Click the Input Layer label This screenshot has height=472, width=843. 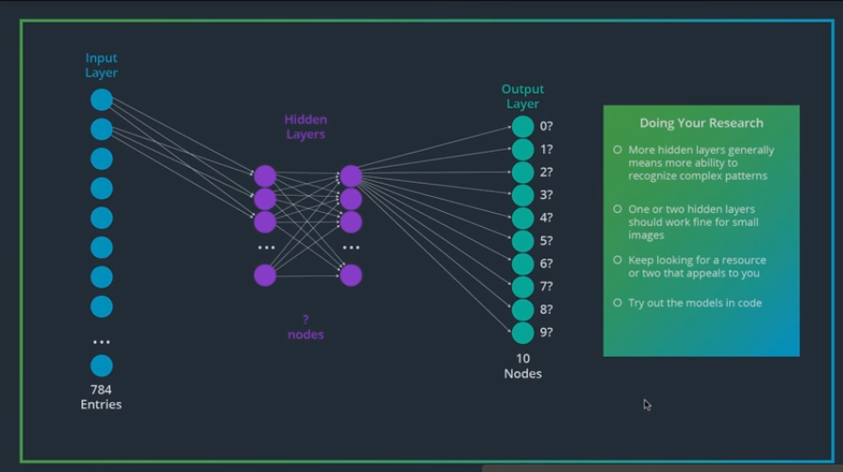(101, 66)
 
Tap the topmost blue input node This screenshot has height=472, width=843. (101, 100)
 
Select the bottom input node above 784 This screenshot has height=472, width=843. (101, 366)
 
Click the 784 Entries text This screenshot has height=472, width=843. (101, 397)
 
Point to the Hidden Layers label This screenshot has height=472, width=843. (306, 127)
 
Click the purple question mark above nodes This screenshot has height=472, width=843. (306, 320)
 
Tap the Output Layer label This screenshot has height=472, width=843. (522, 97)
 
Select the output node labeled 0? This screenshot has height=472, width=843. (522, 127)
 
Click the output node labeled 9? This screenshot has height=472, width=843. (522, 333)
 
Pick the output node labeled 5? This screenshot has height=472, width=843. (522, 241)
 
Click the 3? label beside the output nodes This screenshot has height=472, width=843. (546, 195)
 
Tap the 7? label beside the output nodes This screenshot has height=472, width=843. (546, 286)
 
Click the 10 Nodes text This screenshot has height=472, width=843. (522, 366)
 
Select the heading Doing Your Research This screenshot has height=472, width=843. (702, 122)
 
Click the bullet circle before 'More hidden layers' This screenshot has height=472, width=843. (618, 150)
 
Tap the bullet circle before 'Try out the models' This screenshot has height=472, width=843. (618, 302)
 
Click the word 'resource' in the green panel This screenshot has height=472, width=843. (741, 260)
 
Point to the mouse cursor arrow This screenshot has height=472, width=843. (647, 404)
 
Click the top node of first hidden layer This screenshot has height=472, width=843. (265, 176)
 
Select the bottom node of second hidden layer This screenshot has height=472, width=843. (351, 275)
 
